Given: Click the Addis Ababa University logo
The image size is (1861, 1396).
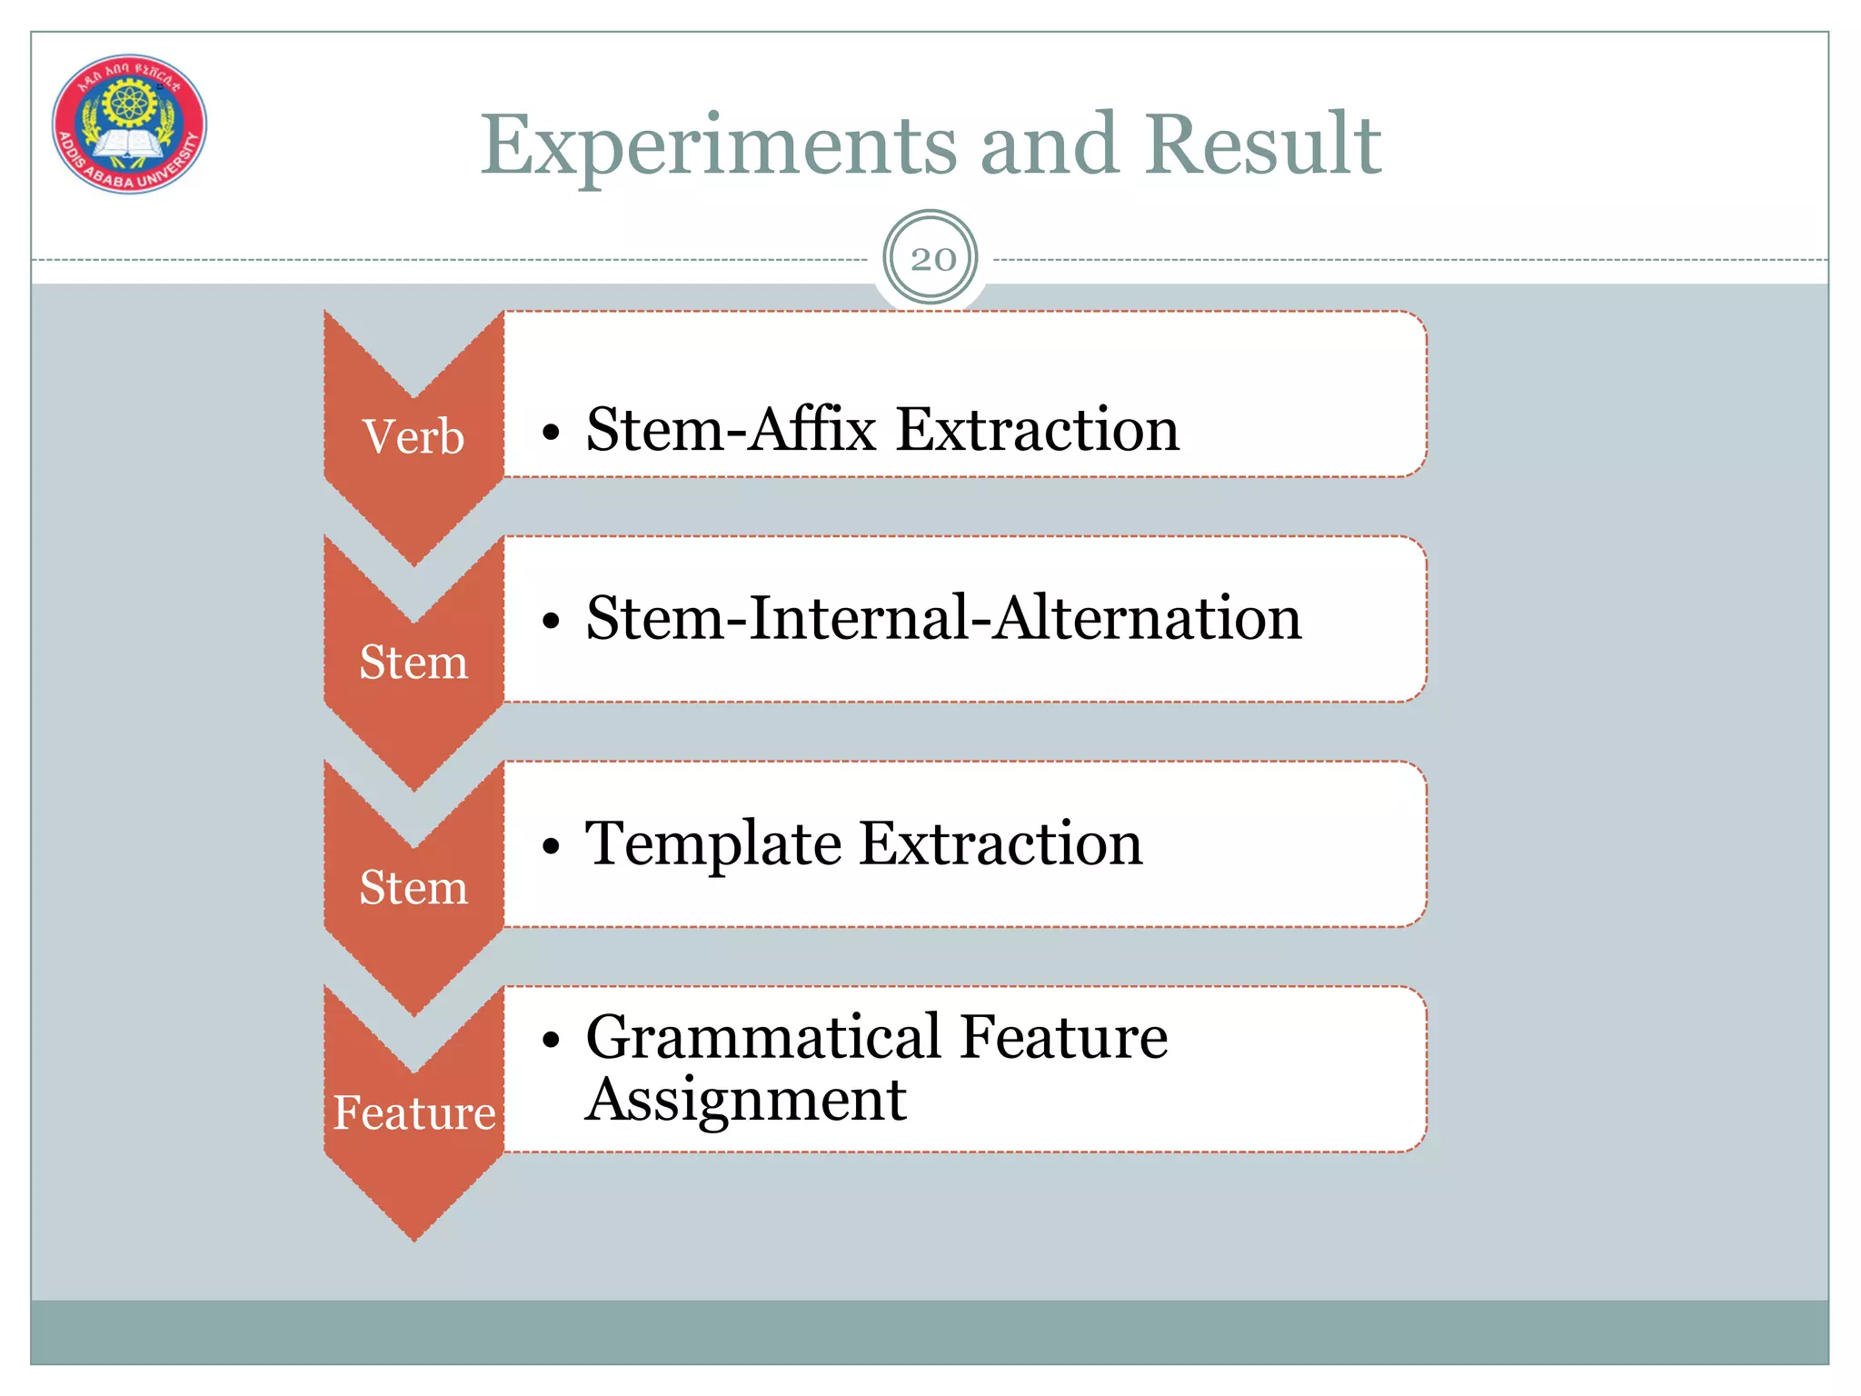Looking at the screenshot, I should [129, 124].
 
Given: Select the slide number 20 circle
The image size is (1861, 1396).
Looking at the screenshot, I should [930, 259].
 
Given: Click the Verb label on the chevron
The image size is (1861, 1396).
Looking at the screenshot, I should [413, 437].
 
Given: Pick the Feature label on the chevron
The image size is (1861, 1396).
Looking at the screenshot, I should [413, 1113].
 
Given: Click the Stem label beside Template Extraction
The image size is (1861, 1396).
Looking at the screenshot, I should [413, 888].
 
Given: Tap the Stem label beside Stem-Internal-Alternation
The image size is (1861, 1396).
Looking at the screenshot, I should [413, 663].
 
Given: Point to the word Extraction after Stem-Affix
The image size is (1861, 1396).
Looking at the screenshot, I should [1037, 429].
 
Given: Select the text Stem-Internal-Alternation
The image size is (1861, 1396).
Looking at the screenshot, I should [943, 618].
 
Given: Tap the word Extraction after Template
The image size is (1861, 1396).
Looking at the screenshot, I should [1000, 843].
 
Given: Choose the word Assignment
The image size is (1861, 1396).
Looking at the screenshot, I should [745, 1100].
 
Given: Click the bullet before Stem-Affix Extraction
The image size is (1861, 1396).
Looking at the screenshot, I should [551, 433].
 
